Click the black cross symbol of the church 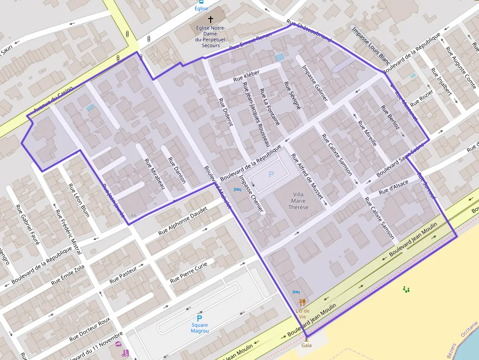(x=211, y=20)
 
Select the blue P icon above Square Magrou (x=199, y=318)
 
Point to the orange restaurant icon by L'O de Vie (x=303, y=302)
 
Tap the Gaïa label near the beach (x=306, y=345)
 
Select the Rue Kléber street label (x=246, y=75)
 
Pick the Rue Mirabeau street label (x=155, y=174)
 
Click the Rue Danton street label (x=177, y=170)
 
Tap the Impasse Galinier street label (x=314, y=84)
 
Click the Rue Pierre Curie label (x=189, y=273)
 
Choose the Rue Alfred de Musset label (x=307, y=177)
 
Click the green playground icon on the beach (x=406, y=290)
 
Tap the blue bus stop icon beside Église (x=201, y=1)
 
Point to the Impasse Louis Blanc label (x=370, y=45)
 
